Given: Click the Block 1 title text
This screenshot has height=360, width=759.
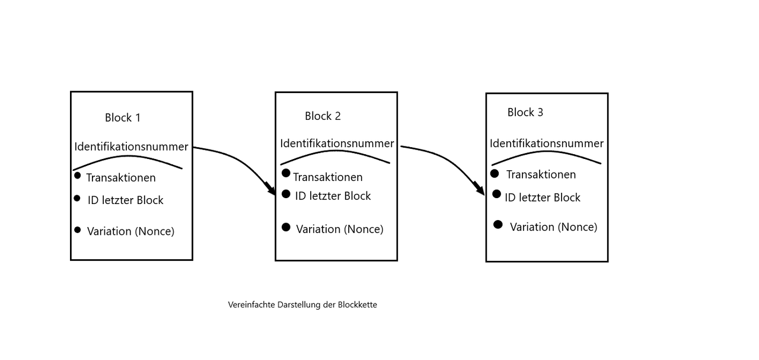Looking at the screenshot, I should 123,117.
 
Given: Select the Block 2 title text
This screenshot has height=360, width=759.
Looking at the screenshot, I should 323,116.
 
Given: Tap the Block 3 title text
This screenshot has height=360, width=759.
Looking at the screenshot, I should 525,113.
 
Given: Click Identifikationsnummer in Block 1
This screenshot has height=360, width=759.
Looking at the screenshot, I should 131,146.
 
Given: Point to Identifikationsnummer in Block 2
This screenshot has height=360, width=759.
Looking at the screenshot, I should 337,144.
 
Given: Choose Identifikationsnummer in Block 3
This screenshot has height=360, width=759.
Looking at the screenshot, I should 547,144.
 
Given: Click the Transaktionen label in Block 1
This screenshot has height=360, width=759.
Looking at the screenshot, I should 121,178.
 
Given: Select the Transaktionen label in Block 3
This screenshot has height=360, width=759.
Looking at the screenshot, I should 541,174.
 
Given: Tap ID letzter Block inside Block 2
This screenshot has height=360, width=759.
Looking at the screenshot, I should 333,196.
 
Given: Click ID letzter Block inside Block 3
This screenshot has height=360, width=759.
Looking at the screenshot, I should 543,197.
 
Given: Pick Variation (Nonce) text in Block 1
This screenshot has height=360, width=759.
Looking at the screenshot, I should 130,231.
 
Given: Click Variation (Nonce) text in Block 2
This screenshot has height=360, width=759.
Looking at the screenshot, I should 340,229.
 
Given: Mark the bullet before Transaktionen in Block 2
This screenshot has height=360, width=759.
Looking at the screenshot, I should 286,173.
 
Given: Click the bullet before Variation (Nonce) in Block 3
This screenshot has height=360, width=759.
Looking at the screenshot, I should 498,224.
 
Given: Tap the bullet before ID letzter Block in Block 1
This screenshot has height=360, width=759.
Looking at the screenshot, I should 77,198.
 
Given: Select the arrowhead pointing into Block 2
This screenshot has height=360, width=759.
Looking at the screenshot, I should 272,190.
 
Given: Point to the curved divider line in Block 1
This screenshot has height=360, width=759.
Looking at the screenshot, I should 127,157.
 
